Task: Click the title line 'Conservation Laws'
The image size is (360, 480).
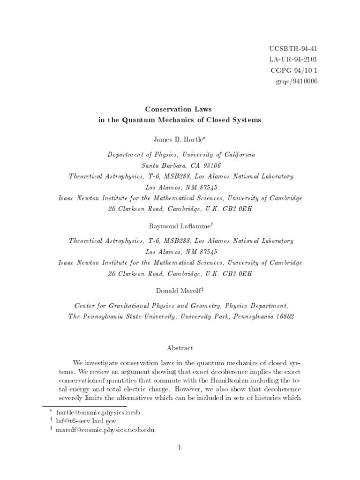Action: point(180,109)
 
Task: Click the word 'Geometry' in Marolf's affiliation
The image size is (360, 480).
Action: point(202,306)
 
